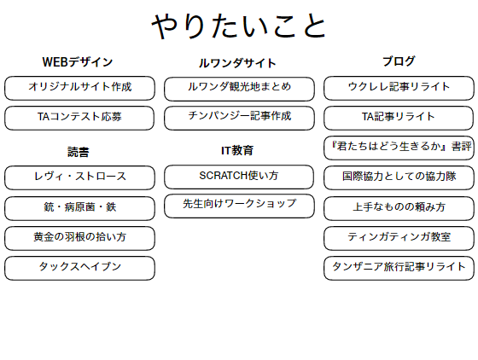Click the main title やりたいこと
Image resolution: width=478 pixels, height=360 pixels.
coord(239,26)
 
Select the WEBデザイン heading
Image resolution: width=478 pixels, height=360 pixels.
coord(78,62)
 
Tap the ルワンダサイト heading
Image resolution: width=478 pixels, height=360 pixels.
coord(237,63)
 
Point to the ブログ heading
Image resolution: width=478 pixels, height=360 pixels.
coord(399,61)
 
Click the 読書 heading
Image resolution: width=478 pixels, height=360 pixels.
coord(78,152)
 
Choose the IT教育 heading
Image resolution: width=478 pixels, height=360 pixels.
coord(237,150)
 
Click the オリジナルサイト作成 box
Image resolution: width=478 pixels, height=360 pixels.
coord(79,88)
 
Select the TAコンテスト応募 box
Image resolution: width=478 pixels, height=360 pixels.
coord(79,118)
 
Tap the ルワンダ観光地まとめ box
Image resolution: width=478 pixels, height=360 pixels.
coord(239,89)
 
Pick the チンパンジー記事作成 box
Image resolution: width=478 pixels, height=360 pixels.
coord(239,118)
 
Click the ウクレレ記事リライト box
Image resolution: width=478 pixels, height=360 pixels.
coord(399,88)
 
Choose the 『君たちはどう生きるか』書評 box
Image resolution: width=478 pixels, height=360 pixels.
coord(399,148)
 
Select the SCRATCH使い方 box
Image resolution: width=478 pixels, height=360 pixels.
coord(239,177)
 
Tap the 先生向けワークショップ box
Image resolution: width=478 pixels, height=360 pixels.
coord(239,206)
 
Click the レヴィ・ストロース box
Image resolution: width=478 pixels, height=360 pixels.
coord(79,177)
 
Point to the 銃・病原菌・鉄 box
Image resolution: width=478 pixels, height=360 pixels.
coord(79,208)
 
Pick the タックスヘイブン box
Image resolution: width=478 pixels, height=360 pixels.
coord(79,268)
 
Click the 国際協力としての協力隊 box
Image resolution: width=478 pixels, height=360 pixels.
coord(399,177)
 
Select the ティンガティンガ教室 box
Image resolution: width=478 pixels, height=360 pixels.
coord(399,238)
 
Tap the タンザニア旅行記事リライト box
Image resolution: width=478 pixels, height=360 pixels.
coord(399,268)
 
